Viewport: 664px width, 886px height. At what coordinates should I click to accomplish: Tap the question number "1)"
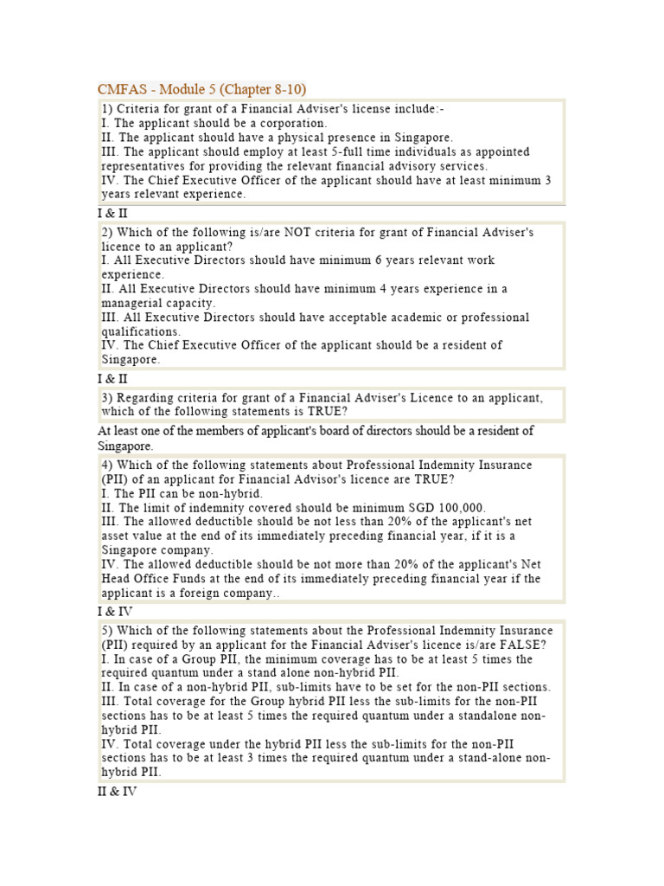[107, 110]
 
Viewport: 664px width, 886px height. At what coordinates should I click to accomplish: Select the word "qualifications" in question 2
[141, 331]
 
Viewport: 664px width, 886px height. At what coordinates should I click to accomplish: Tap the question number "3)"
[107, 398]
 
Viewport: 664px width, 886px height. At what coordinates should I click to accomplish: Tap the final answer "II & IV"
[116, 792]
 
